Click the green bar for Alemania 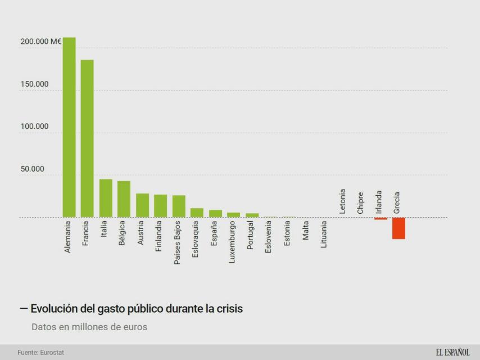pyautogui.click(x=69, y=127)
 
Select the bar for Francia pyautogui.click(x=87, y=138)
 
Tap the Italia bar pyautogui.click(x=106, y=198)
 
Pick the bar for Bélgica pyautogui.click(x=124, y=199)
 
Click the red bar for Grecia pyautogui.click(x=399, y=228)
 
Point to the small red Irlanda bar pyautogui.click(x=381, y=218)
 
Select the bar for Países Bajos pyautogui.click(x=179, y=206)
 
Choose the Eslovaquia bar pyautogui.click(x=197, y=213)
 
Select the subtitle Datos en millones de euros pyautogui.click(x=89, y=327)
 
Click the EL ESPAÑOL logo pyautogui.click(x=452, y=352)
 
